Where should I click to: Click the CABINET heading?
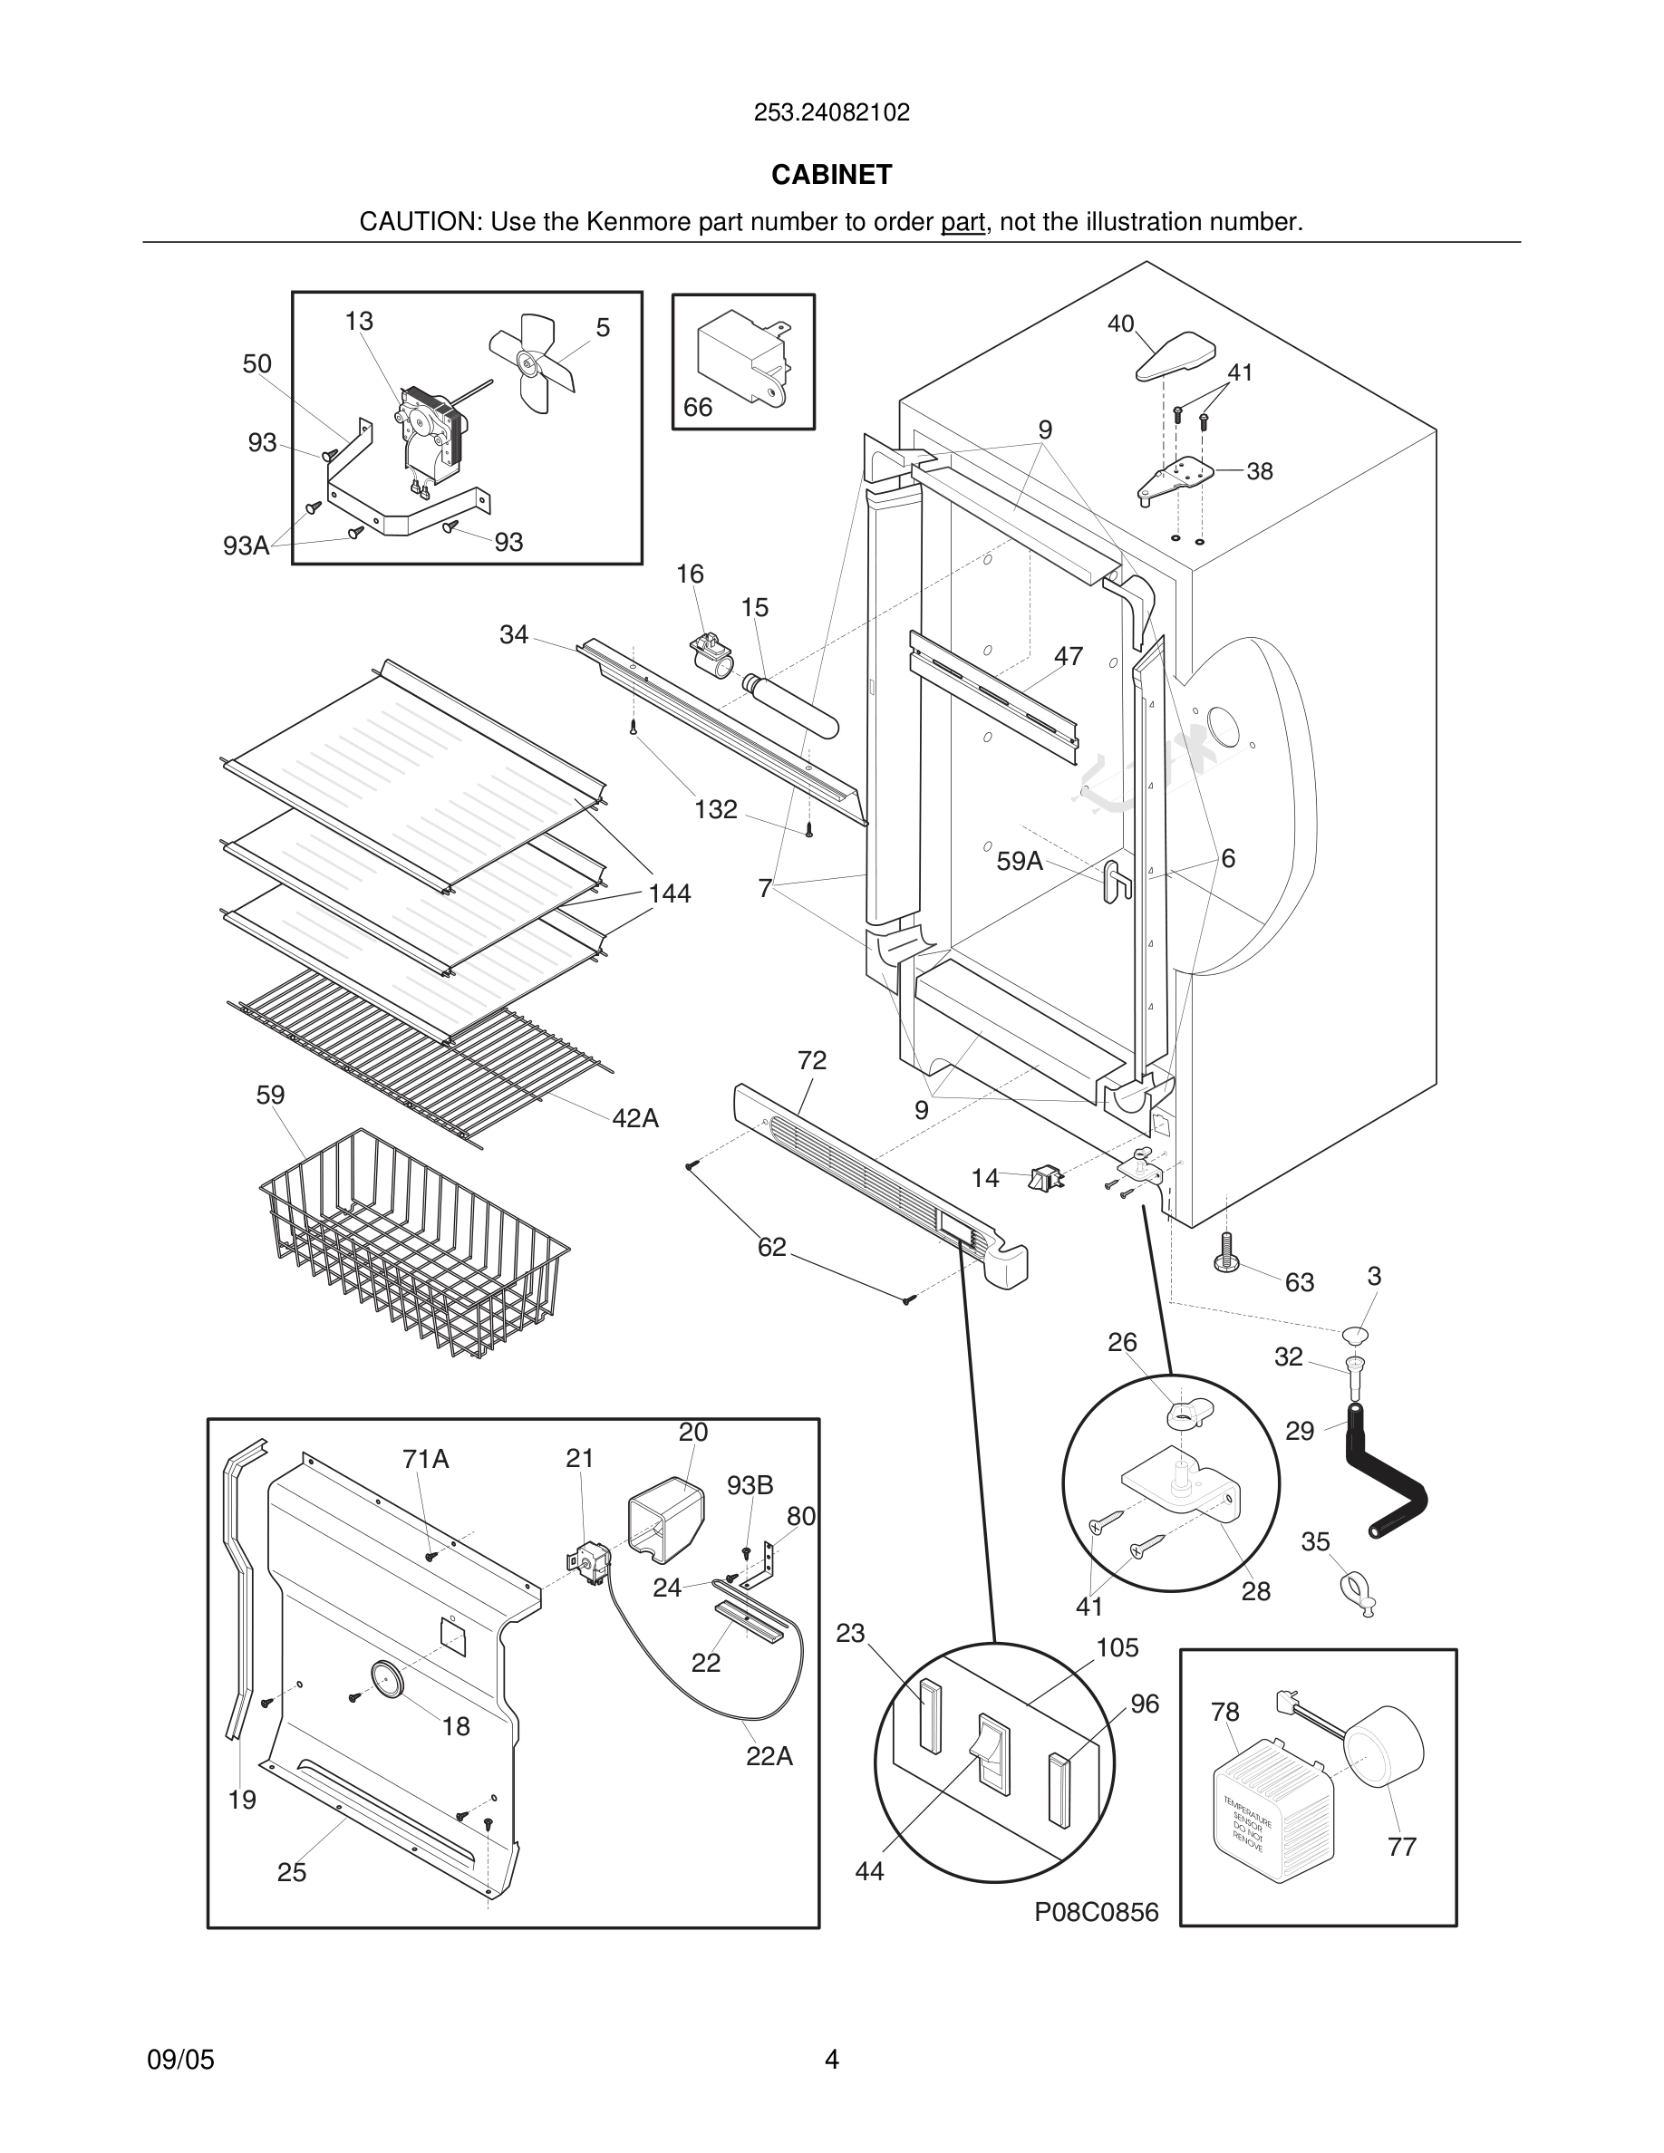[x=831, y=175]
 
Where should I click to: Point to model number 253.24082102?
[x=831, y=112]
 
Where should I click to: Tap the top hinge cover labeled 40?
[x=1175, y=356]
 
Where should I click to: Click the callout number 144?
[x=670, y=894]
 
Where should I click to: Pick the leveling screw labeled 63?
[x=1225, y=1253]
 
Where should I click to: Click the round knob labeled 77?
[x=1385, y=1746]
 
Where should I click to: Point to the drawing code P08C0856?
[x=1096, y=1913]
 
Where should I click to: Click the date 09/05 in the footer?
[x=180, y=2060]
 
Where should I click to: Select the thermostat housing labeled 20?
[x=665, y=1517]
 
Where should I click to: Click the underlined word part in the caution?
[x=963, y=223]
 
